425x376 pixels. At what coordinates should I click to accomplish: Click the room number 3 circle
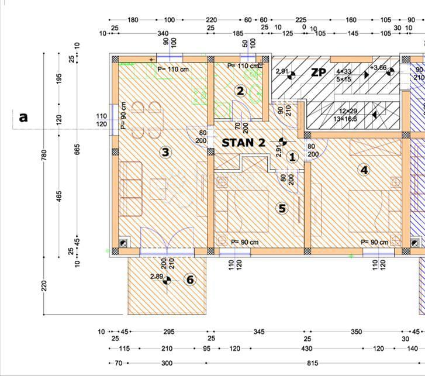click(x=165, y=153)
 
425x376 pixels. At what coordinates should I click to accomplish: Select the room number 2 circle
click(x=240, y=91)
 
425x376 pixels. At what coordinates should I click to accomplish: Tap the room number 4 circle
click(x=365, y=170)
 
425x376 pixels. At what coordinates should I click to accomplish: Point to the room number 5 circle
click(x=282, y=208)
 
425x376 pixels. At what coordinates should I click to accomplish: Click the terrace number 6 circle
click(x=190, y=280)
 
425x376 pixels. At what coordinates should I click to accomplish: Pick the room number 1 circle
click(x=293, y=156)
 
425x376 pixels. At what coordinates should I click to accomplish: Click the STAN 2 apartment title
click(x=243, y=142)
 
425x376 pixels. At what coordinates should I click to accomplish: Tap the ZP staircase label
click(x=318, y=73)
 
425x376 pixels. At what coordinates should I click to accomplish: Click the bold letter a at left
click(x=23, y=117)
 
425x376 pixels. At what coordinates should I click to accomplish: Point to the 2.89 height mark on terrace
click(x=157, y=276)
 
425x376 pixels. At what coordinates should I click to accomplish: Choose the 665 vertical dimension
click(x=77, y=150)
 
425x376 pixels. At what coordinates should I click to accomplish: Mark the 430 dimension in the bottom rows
click(x=306, y=349)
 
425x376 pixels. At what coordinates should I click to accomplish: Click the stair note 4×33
click(x=344, y=72)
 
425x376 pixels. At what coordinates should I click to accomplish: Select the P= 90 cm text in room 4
click(x=374, y=242)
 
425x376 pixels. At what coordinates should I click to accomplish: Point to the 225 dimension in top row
click(x=300, y=20)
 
